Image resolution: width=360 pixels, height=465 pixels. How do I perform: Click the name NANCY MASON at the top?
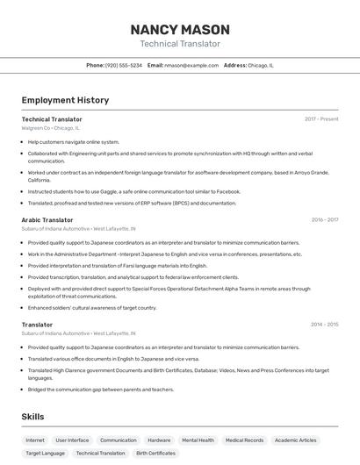[x=180, y=29]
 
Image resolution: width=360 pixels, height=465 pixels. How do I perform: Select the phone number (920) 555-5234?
[x=124, y=65]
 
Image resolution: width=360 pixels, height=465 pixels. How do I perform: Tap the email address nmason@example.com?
[x=191, y=65]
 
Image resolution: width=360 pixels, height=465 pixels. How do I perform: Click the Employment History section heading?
[x=65, y=100]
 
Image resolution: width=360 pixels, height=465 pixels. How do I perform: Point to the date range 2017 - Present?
[x=321, y=119]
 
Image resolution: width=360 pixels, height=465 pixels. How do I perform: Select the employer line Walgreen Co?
[x=50, y=128]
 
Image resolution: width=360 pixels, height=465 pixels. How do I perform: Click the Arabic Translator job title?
[x=47, y=220]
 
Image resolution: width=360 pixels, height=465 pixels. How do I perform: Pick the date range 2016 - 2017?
[x=324, y=220]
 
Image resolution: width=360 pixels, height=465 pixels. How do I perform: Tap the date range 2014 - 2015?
[x=324, y=325]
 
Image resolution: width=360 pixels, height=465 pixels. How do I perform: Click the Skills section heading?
[x=33, y=417]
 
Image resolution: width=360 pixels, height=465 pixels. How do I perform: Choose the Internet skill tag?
[x=35, y=440]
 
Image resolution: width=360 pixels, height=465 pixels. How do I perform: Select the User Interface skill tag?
[x=72, y=440]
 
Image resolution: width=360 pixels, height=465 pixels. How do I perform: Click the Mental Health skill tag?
[x=198, y=440]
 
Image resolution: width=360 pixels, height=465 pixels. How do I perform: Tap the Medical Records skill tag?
[x=244, y=440]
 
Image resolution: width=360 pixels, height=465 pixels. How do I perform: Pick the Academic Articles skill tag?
[x=295, y=440]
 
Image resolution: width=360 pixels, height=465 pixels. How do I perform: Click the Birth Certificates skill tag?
[x=155, y=454]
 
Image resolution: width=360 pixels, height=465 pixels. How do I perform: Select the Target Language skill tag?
[x=45, y=454]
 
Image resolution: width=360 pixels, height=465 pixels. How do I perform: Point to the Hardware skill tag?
[x=159, y=440]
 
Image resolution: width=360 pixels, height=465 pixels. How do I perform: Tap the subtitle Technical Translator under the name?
[x=180, y=44]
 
